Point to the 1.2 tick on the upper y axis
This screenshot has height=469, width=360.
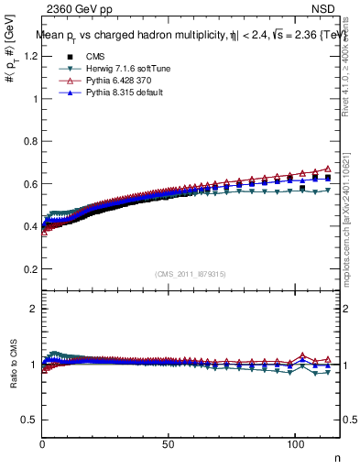click(x=30, y=56)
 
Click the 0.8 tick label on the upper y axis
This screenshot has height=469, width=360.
click(x=30, y=141)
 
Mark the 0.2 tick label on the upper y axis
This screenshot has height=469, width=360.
click(x=30, y=269)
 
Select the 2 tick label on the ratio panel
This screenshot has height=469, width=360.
click(x=34, y=309)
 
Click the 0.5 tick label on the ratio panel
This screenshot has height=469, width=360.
click(x=30, y=420)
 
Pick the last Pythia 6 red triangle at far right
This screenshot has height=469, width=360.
click(x=329, y=169)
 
